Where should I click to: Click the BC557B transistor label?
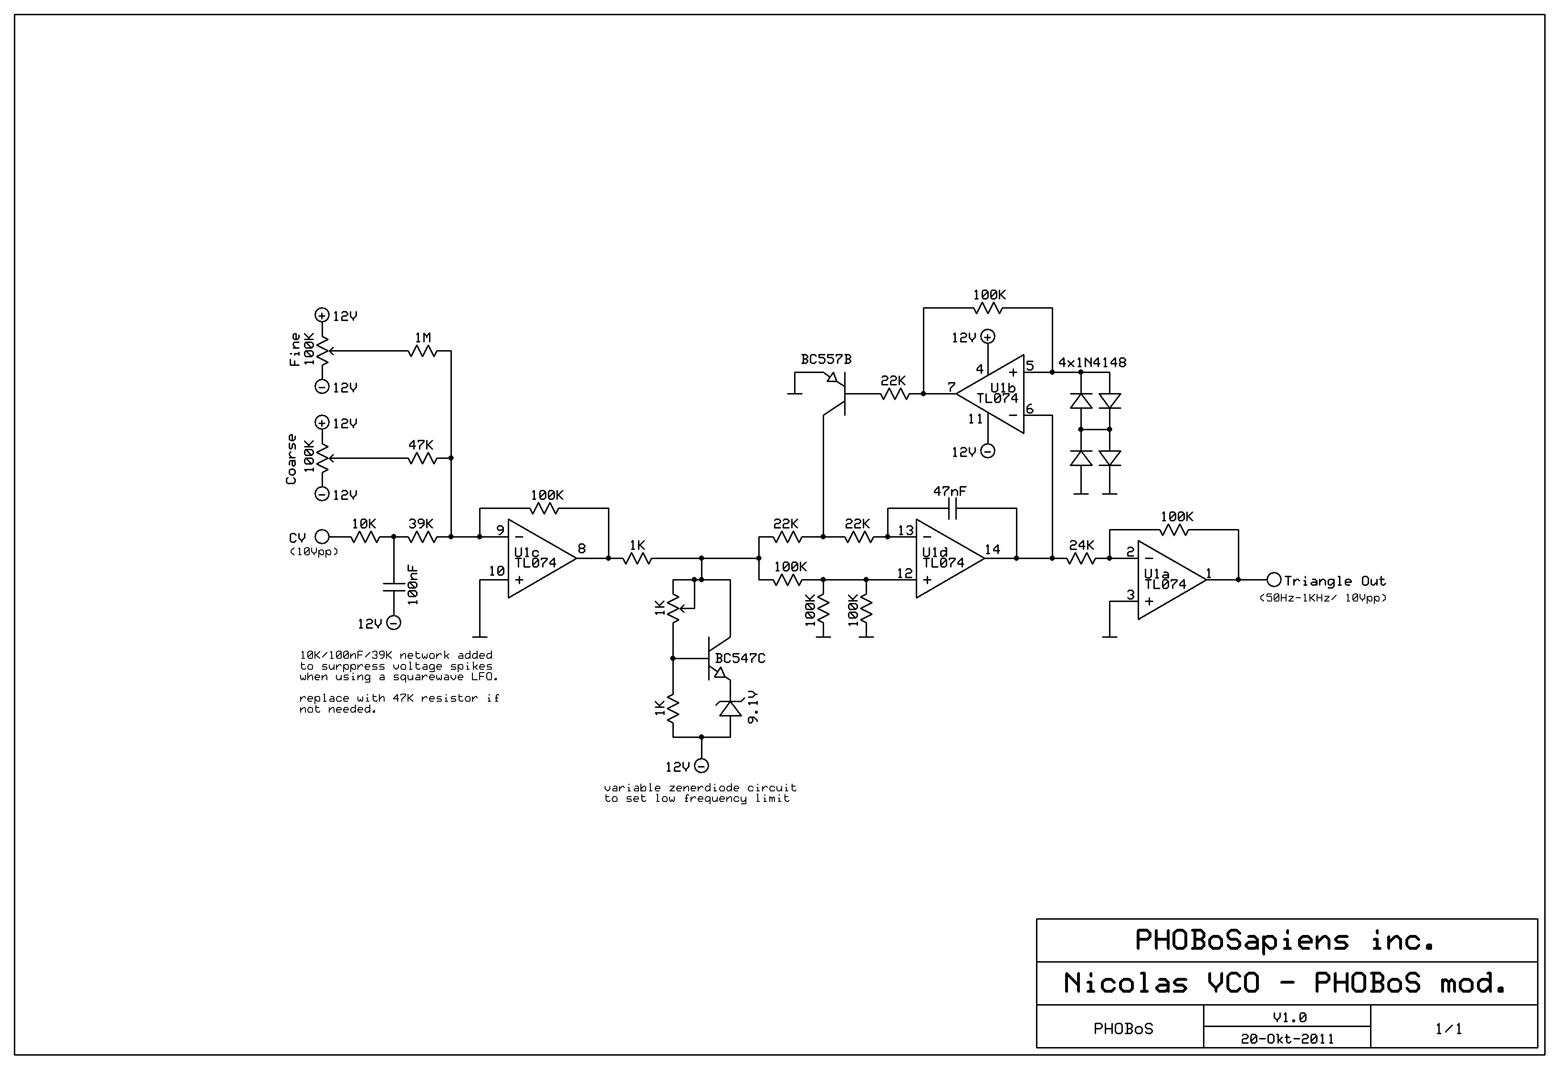tap(826, 360)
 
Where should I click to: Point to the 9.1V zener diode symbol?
tap(730, 707)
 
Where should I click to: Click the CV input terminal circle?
tap(322, 537)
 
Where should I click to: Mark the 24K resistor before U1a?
tap(1081, 558)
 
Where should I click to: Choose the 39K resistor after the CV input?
tap(421, 537)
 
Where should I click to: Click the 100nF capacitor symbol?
tap(393, 587)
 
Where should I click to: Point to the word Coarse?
tap(291, 459)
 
